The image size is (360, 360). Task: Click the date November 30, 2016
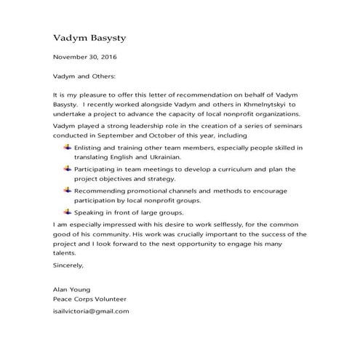[85, 57]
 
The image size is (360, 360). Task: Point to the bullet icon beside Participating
[68, 169]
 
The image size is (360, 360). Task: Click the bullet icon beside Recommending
[68, 191]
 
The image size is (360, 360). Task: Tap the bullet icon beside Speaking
[68, 212]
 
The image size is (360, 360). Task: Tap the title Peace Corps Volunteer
[89, 298]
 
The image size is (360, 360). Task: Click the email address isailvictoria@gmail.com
[92, 311]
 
